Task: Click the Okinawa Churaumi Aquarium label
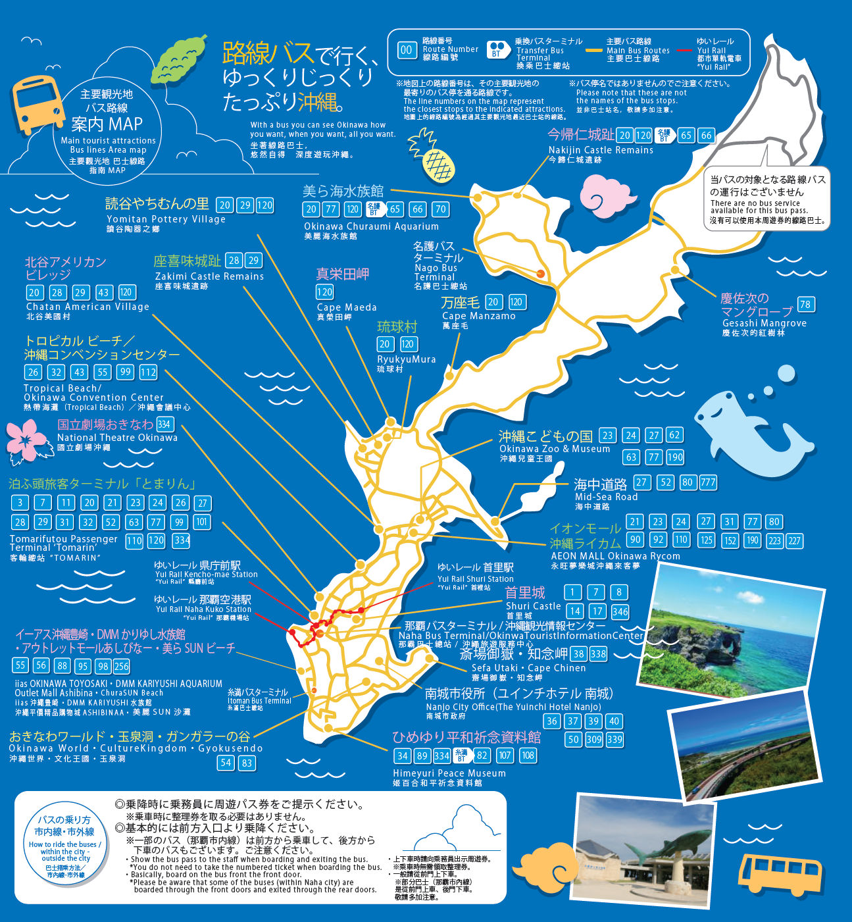371,226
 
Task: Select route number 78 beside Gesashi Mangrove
805,304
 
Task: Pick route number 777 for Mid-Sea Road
708,482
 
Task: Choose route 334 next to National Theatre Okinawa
164,424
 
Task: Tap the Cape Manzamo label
478,316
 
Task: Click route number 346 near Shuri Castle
620,611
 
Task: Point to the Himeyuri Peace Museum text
449,773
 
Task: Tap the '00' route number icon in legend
407,50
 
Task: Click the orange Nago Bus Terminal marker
540,273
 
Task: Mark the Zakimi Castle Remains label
209,276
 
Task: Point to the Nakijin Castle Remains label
601,150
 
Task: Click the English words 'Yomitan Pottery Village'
166,219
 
